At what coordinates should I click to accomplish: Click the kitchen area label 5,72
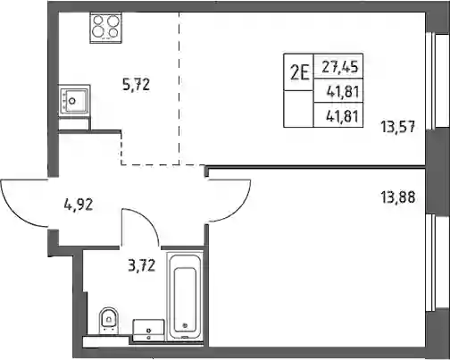click(136, 85)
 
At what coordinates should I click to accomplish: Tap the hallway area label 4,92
click(79, 205)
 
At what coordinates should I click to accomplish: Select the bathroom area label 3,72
click(142, 265)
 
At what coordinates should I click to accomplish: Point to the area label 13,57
click(397, 127)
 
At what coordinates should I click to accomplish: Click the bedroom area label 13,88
click(397, 197)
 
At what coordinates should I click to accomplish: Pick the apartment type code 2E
click(299, 73)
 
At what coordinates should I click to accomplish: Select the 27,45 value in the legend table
click(340, 68)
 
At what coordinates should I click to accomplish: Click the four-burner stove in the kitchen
click(106, 28)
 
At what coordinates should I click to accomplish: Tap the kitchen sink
click(74, 101)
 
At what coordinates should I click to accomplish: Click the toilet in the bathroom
click(109, 321)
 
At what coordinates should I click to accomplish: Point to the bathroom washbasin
click(148, 331)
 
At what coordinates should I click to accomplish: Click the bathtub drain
click(185, 325)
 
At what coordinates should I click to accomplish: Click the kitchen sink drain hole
click(72, 101)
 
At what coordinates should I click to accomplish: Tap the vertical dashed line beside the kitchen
click(179, 88)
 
